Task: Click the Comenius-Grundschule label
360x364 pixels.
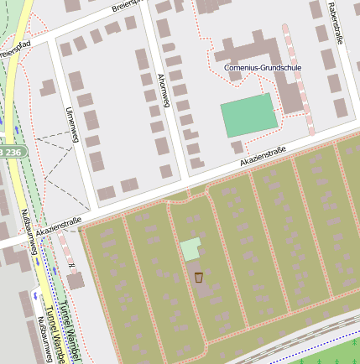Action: click(263, 66)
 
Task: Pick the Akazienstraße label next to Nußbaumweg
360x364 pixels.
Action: click(58, 225)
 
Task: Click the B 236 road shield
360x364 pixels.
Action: click(13, 151)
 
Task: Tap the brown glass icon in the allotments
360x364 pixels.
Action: click(199, 277)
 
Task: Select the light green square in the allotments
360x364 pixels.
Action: click(190, 249)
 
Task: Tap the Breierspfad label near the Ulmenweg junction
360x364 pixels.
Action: click(17, 47)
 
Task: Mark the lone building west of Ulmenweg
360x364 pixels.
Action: click(48, 86)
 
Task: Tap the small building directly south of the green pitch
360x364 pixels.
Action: click(237, 147)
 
